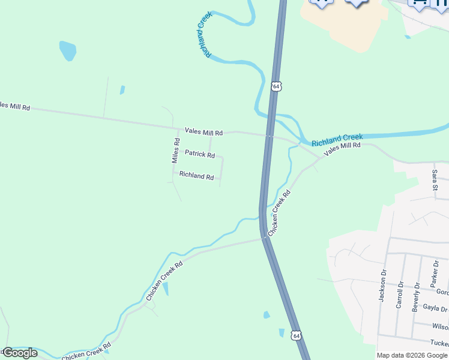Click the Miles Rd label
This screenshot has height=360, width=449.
[x=176, y=151]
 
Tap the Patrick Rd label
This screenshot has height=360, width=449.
[x=199, y=154]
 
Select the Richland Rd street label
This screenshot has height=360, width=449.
[x=196, y=176]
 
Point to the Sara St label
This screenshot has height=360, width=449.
[x=434, y=181]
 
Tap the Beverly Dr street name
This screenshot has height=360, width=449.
[x=415, y=293]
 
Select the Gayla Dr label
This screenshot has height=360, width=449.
[x=435, y=308]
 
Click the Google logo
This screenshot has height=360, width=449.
[x=19, y=353]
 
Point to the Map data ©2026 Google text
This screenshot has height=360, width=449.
[x=412, y=355]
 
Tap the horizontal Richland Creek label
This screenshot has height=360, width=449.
[x=337, y=140]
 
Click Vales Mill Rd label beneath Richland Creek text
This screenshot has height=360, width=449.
[x=342, y=149]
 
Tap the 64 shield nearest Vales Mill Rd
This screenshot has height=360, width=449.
[x=276, y=86]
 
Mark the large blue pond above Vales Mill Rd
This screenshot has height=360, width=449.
[x=68, y=50]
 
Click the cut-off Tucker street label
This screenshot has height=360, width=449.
[x=439, y=343]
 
